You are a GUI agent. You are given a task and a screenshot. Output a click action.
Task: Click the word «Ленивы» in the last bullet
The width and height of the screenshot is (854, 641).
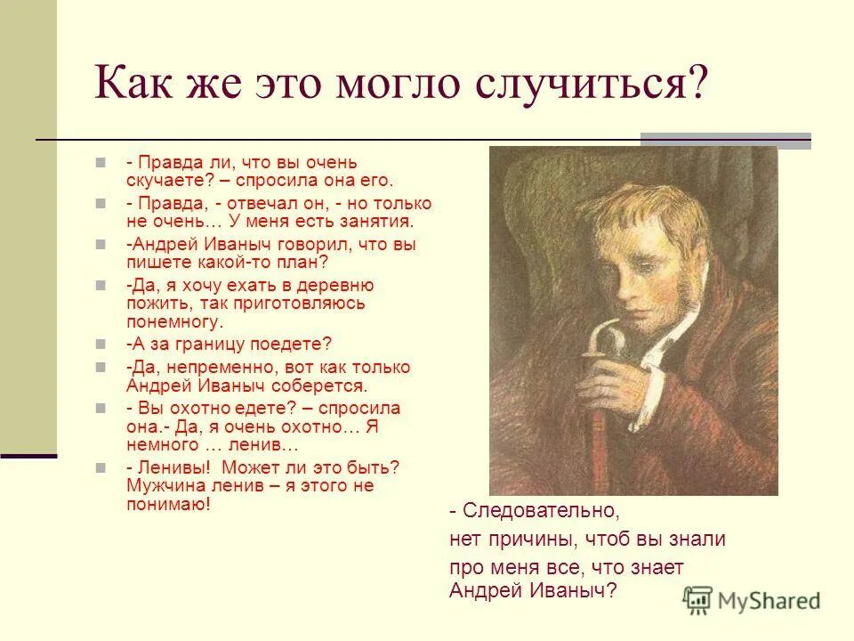(x=174, y=467)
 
